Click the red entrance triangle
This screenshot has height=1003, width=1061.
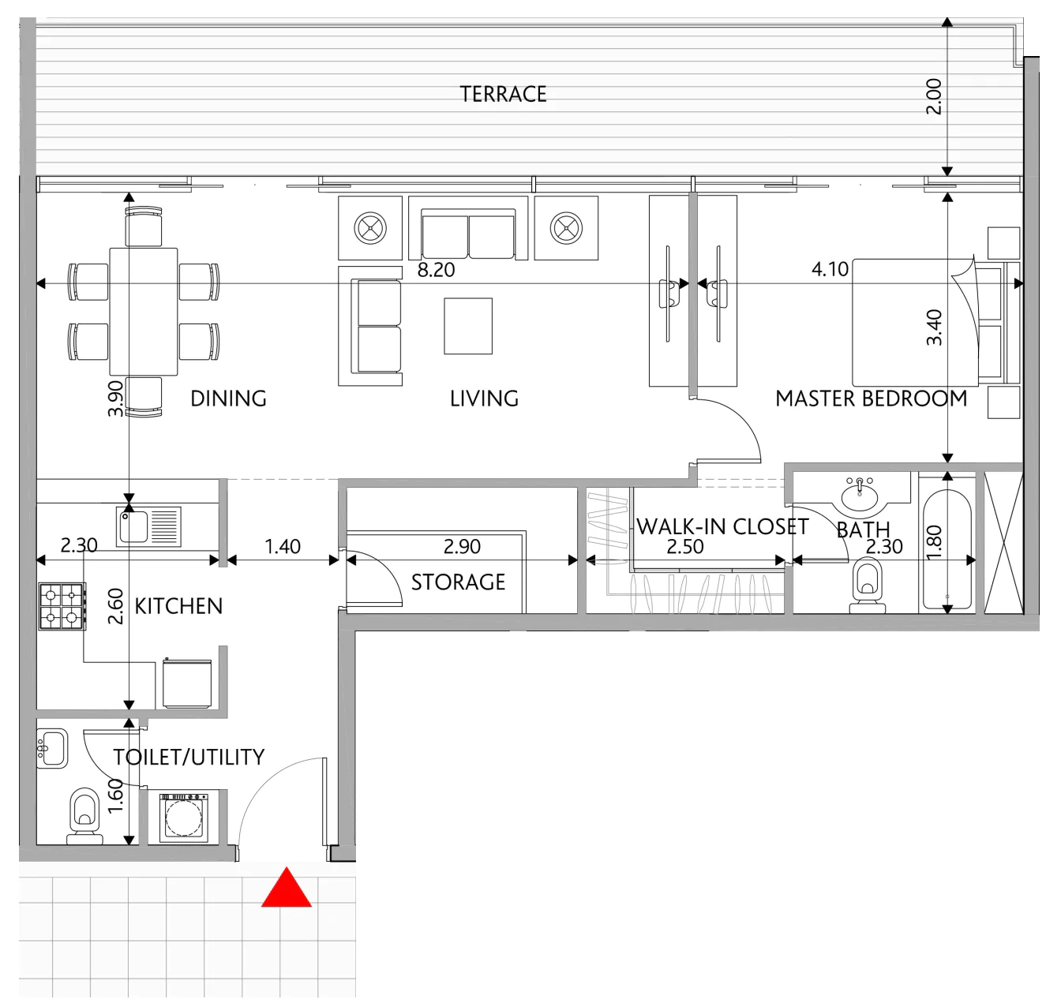(286, 888)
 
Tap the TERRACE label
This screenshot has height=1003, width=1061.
(503, 95)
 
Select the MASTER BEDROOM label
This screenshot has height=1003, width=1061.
(871, 399)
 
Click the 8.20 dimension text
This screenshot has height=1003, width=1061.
(436, 270)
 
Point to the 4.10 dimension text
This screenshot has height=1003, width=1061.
(830, 268)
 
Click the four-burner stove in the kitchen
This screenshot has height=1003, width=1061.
(62, 606)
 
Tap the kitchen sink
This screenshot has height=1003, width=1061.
(148, 526)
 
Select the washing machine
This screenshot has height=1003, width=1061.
(183, 817)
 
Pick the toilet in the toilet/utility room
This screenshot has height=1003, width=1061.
(84, 815)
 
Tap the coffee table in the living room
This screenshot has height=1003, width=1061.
(468, 326)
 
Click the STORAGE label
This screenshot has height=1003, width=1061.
(458, 582)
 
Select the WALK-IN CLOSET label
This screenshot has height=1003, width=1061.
(722, 526)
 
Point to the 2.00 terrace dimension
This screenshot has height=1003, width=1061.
(933, 96)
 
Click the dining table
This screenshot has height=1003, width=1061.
(144, 311)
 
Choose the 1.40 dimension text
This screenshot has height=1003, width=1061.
(283, 547)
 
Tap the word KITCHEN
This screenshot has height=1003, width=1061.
(178, 606)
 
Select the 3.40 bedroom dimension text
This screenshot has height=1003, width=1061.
(934, 327)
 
